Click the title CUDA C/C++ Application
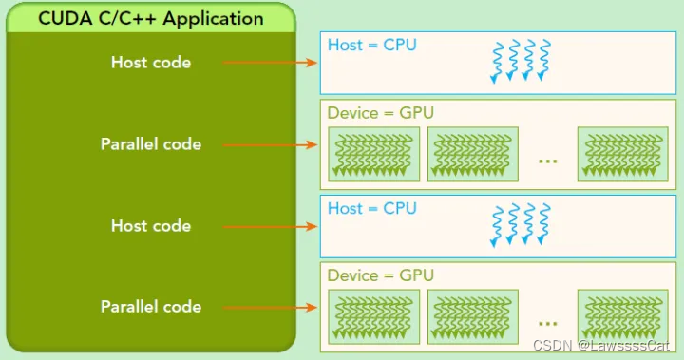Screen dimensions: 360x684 click(151, 18)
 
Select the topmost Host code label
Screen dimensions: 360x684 click(151, 63)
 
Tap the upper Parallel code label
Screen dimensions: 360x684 click(151, 144)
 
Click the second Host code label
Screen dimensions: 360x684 click(151, 226)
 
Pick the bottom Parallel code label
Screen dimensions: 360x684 click(151, 307)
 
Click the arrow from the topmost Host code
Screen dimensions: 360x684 click(270, 63)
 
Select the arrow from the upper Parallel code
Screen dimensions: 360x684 click(270, 144)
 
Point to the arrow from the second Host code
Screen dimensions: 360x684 click(270, 226)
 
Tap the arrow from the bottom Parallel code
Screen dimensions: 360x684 click(270, 307)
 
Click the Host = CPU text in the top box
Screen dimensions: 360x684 click(371, 45)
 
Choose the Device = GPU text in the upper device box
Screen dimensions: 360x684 click(380, 113)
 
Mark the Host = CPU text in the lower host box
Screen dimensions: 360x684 click(371, 208)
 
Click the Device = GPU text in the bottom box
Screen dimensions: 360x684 click(380, 275)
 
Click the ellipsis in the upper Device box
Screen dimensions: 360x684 click(547, 159)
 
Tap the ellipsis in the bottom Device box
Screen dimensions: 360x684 click(547, 321)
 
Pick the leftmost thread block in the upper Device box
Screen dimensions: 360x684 click(374, 154)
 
